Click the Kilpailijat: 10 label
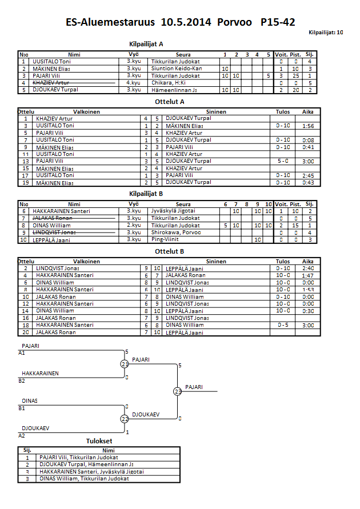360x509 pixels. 326,33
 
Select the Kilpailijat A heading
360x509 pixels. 147,44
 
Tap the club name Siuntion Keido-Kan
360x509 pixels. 177,68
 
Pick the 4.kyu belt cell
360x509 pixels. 134,82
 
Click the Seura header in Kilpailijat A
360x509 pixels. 183,54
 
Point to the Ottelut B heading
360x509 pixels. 170,251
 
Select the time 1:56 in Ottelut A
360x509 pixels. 308,125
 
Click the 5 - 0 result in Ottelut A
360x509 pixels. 282,161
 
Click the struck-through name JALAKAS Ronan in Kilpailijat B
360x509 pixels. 51,218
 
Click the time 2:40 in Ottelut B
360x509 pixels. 308,268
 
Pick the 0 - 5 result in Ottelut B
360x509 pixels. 282,325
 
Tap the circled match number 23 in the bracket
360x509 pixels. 178,391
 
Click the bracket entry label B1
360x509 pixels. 22,408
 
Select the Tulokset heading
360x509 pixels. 99,441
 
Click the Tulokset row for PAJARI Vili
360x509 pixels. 78,457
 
